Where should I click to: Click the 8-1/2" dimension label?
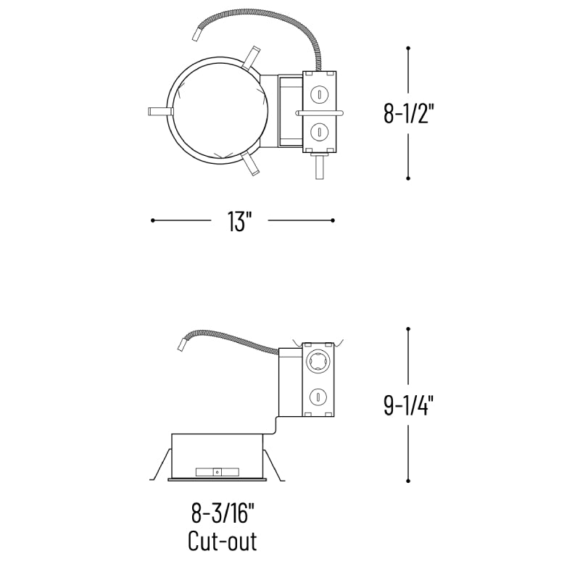point(408,114)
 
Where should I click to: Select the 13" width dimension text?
point(239,222)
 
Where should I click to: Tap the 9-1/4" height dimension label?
point(408,405)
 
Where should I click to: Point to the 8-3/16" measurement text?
point(223,513)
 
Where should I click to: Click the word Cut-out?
point(223,541)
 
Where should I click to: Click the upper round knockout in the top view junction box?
point(319,94)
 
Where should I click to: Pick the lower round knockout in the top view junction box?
point(319,131)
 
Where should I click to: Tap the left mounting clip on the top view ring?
point(160,112)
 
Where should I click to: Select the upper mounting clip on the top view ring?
point(251,58)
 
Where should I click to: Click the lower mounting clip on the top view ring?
point(250,163)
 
